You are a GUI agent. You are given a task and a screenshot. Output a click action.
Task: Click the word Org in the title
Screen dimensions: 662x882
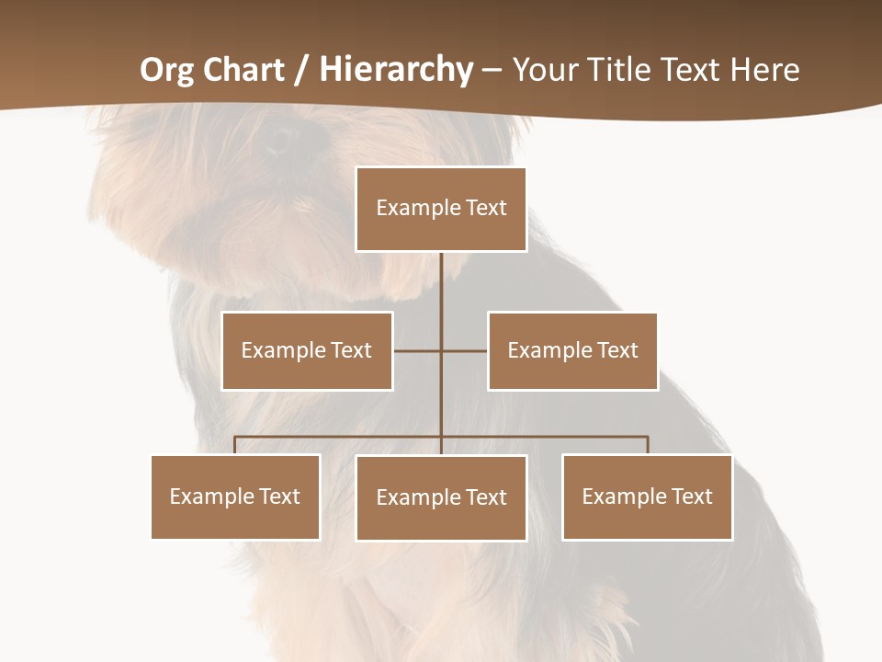click(x=166, y=70)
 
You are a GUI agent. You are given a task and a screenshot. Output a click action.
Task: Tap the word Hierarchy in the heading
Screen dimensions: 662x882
click(x=396, y=70)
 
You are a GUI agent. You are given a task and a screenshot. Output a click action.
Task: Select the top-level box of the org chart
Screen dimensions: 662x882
click(x=441, y=209)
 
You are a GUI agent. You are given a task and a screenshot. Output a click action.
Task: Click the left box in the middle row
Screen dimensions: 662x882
click(x=307, y=350)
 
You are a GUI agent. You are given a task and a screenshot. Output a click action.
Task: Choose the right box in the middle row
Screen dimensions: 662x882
click(x=572, y=350)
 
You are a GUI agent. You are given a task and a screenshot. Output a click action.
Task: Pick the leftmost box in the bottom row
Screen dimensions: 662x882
click(x=235, y=496)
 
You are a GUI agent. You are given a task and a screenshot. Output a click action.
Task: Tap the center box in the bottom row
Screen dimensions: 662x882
click(x=441, y=497)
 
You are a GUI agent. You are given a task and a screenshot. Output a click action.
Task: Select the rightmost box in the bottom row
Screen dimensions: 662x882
click(x=647, y=496)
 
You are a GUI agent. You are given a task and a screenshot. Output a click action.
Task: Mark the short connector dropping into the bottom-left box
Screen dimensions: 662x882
click(x=235, y=445)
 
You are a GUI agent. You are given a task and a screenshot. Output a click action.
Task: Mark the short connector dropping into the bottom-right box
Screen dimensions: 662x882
click(x=648, y=445)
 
